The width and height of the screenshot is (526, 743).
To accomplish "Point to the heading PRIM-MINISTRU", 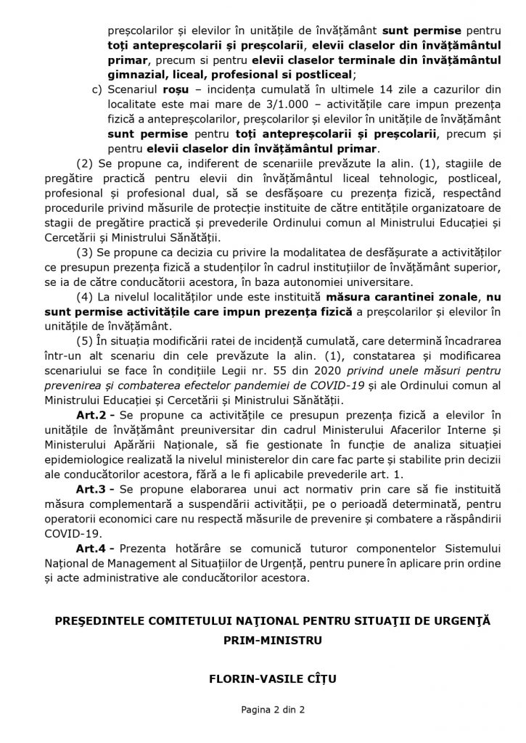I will [263, 641].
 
